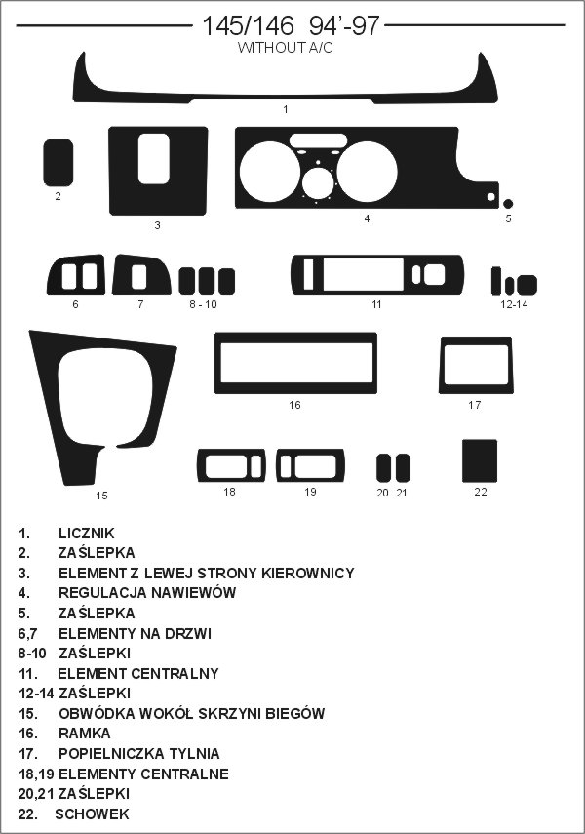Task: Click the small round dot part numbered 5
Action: click(x=508, y=203)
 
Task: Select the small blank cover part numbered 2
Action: click(x=58, y=163)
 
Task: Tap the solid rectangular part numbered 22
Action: click(x=480, y=460)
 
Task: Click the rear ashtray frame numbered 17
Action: click(x=442, y=365)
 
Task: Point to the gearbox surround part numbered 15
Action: click(x=48, y=404)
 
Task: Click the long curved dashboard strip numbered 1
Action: click(x=285, y=96)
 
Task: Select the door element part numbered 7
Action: click(x=121, y=274)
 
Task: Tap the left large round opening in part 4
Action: click(x=270, y=172)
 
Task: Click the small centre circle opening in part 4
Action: click(x=318, y=182)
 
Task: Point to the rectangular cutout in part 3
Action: click(x=154, y=158)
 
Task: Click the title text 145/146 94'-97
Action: click(x=291, y=25)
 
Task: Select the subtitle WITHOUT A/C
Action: click(x=285, y=48)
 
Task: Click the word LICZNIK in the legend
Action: click(x=87, y=533)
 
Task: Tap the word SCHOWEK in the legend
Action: click(x=92, y=814)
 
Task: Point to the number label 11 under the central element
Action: click(x=376, y=304)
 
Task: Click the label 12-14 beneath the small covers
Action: click(x=514, y=304)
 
